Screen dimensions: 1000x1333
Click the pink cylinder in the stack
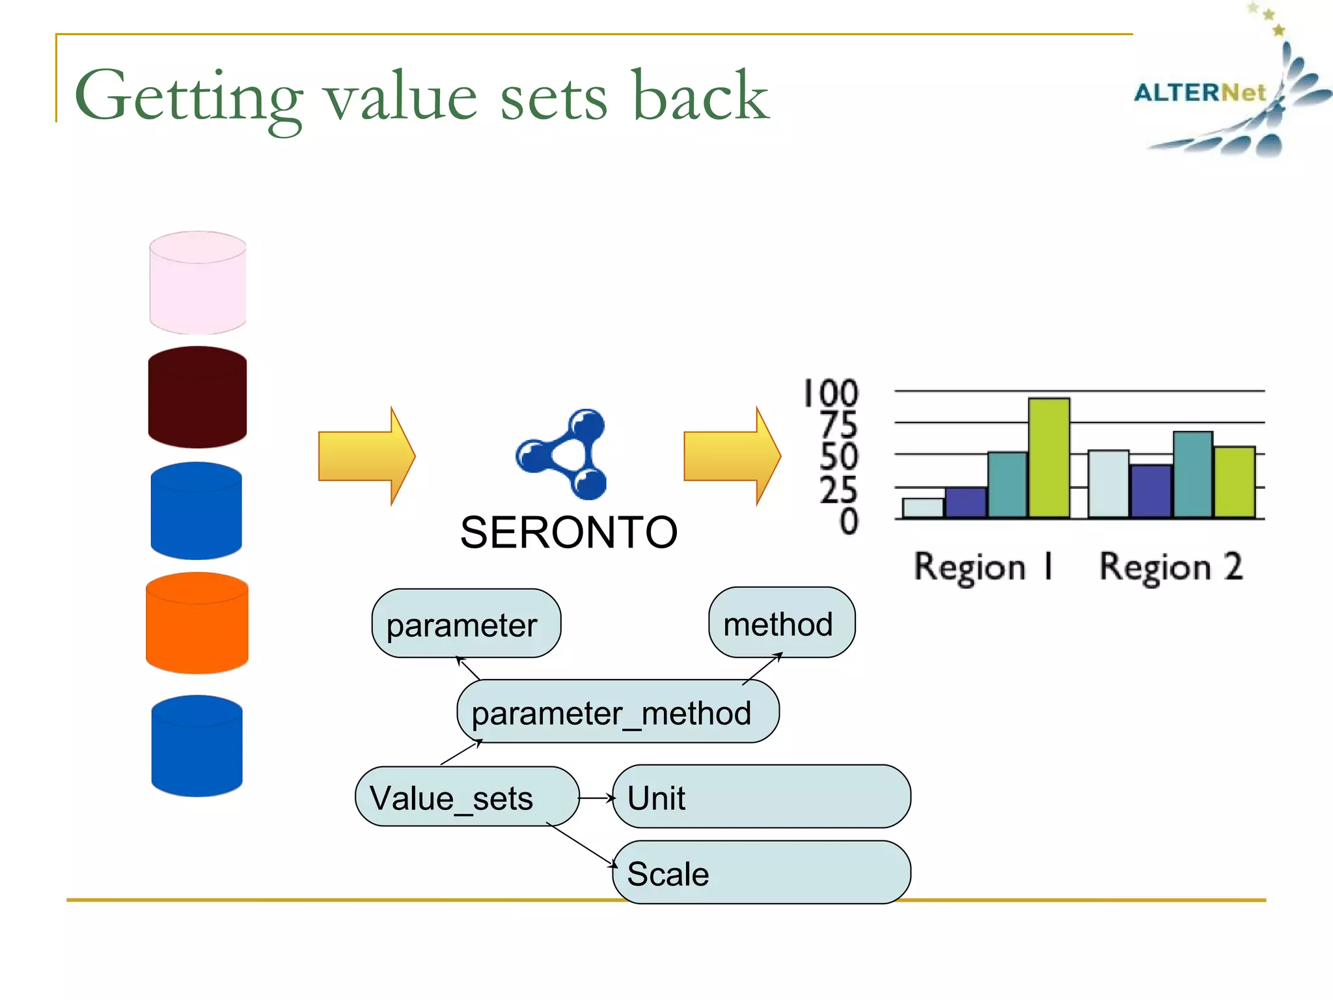tap(197, 283)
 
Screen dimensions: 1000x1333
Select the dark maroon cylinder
tap(197, 397)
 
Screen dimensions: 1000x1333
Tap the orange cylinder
tap(197, 623)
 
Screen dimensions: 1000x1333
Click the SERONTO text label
tap(568, 533)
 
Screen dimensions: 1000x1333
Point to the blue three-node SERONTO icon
tap(564, 455)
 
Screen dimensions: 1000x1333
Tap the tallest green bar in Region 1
tap(1049, 458)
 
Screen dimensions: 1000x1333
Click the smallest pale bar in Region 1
tap(922, 508)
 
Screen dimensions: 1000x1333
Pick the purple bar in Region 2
tap(1151, 492)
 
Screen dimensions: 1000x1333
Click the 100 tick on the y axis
tap(831, 393)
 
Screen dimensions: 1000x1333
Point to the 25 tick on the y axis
tap(838, 490)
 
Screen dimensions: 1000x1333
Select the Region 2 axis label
tap(1170, 566)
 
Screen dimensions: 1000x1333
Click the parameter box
tap(465, 624)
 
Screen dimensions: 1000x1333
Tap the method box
tap(781, 624)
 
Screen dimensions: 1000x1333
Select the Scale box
tap(761, 873)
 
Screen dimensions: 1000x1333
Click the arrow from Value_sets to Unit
tap(596, 798)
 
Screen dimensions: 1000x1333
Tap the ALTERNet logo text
tap(1200, 92)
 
